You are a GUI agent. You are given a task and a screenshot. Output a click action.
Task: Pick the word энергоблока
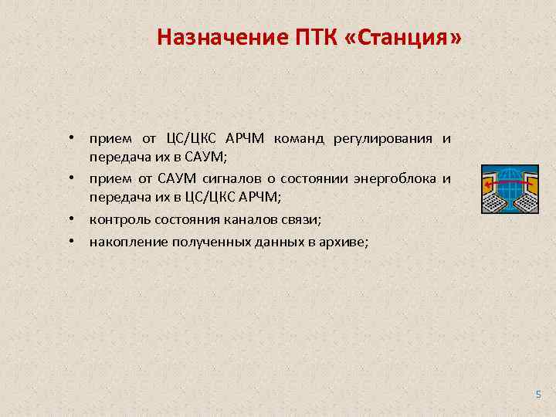click(x=395, y=180)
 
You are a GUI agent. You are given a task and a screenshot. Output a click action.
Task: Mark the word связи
click(x=301, y=220)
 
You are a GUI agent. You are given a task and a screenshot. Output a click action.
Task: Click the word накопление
click(x=124, y=242)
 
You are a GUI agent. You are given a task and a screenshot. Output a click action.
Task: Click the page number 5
click(x=538, y=395)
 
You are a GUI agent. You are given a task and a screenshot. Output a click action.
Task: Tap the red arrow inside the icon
click(x=506, y=183)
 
